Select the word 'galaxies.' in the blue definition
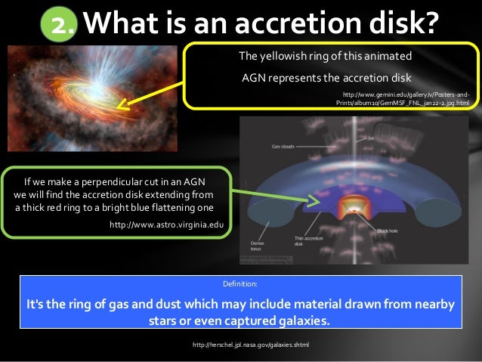[303, 321]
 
